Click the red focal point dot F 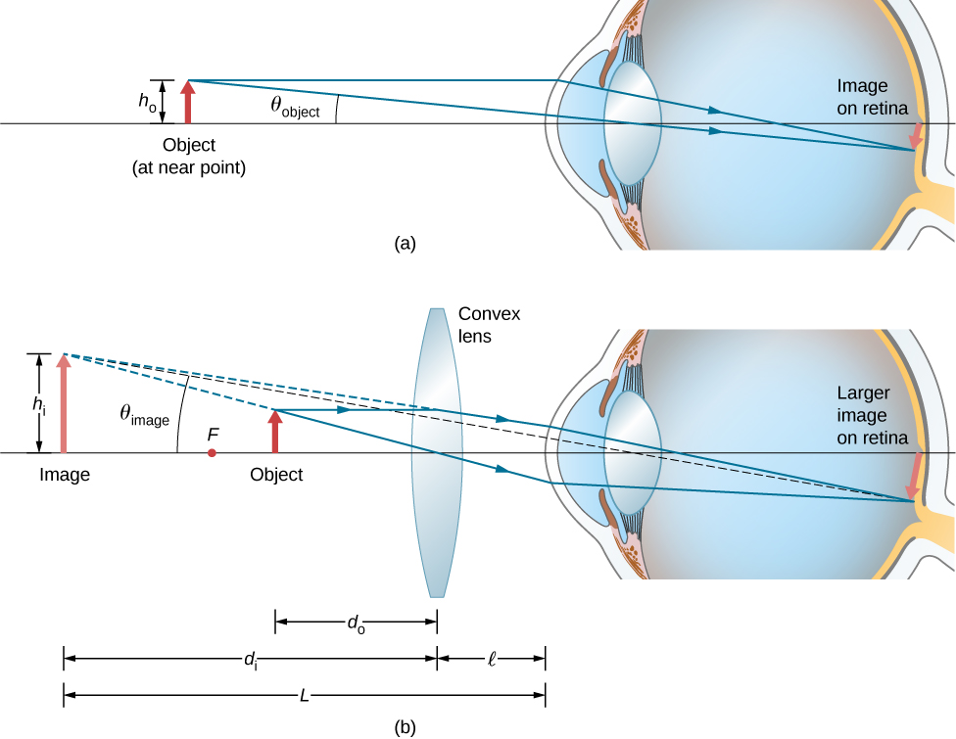click(212, 454)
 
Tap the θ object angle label click(295, 107)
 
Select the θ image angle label click(144, 415)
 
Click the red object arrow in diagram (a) click(188, 103)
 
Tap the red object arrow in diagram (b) click(275, 433)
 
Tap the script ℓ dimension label click(490, 659)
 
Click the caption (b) click(405, 726)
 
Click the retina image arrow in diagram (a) click(917, 137)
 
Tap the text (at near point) click(188, 167)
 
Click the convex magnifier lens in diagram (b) click(437, 453)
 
